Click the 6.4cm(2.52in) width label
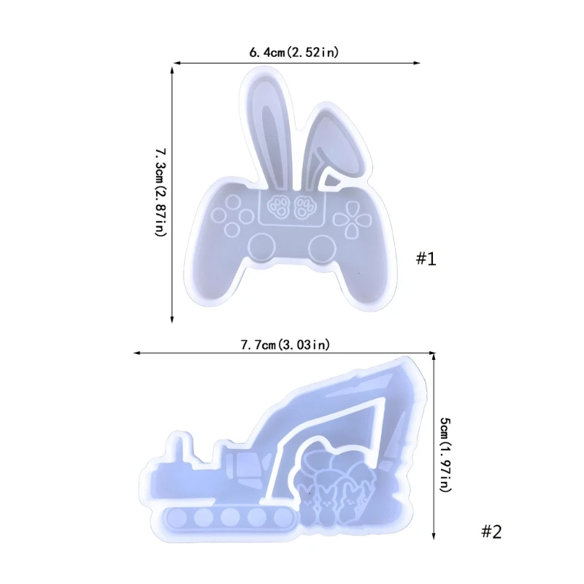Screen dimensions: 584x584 click(x=294, y=52)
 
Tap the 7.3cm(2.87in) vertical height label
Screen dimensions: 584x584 click(x=161, y=192)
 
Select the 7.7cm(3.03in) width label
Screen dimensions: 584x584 click(x=285, y=345)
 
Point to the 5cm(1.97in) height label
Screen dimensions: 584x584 click(x=446, y=454)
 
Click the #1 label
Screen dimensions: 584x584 click(x=426, y=258)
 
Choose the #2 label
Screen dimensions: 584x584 click(x=491, y=531)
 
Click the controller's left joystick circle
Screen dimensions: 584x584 click(x=262, y=247)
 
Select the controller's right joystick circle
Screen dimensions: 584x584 click(x=322, y=247)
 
